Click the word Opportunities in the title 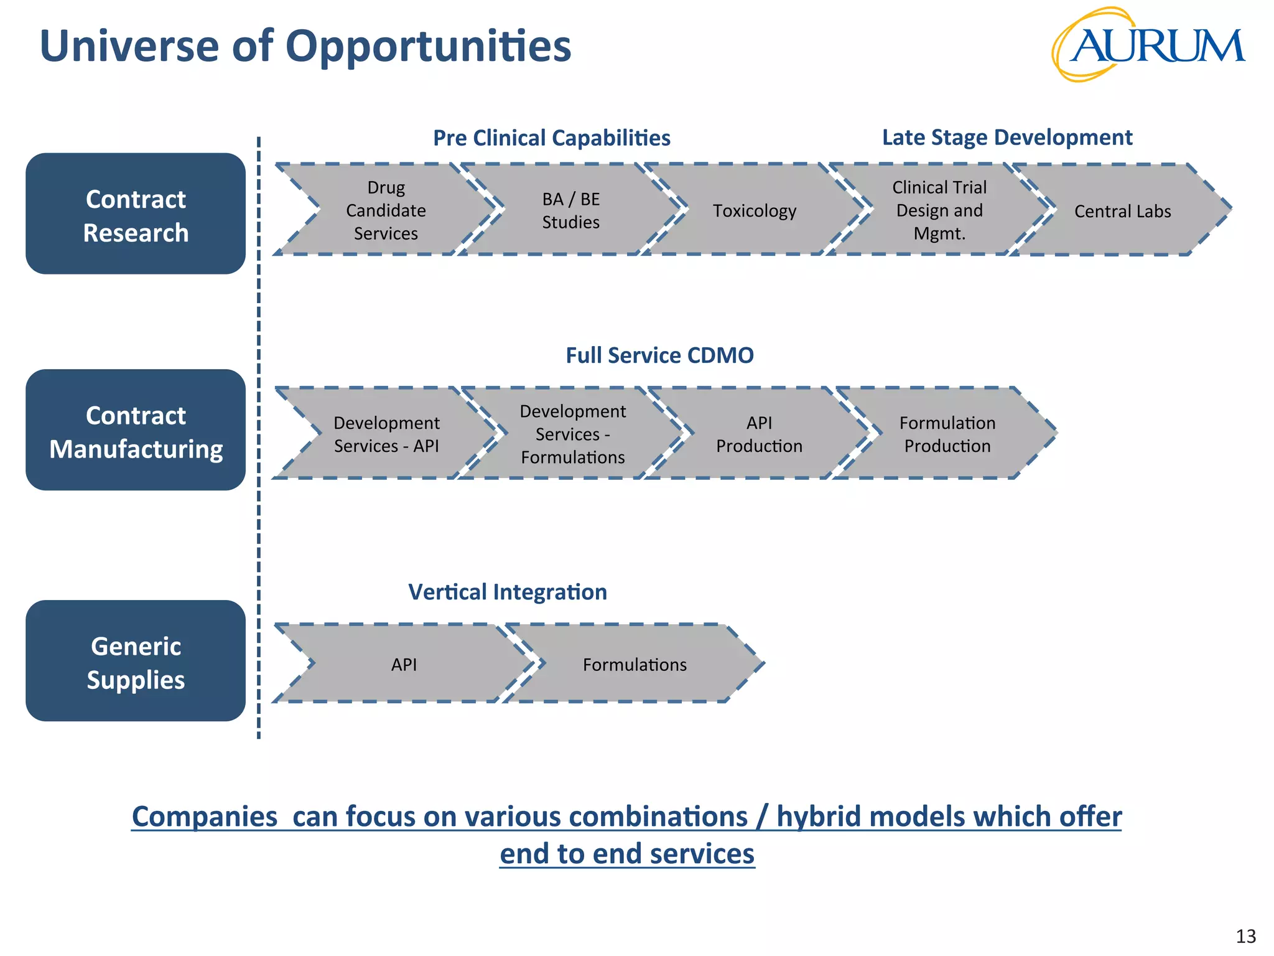pos(428,47)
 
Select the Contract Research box pos(136,214)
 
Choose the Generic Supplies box pos(136,662)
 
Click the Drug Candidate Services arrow pos(386,210)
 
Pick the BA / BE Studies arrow pos(570,210)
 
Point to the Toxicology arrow pos(754,211)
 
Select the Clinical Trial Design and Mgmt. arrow pos(939,210)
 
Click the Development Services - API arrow pos(386,434)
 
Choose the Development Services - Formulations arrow pos(572,434)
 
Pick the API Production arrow pos(759,434)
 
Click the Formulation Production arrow pos(947,434)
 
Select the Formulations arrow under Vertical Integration pos(635,664)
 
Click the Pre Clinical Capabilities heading pos(551,138)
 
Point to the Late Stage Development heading pos(1007,137)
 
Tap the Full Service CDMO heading pos(659,355)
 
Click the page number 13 pos(1245,936)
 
